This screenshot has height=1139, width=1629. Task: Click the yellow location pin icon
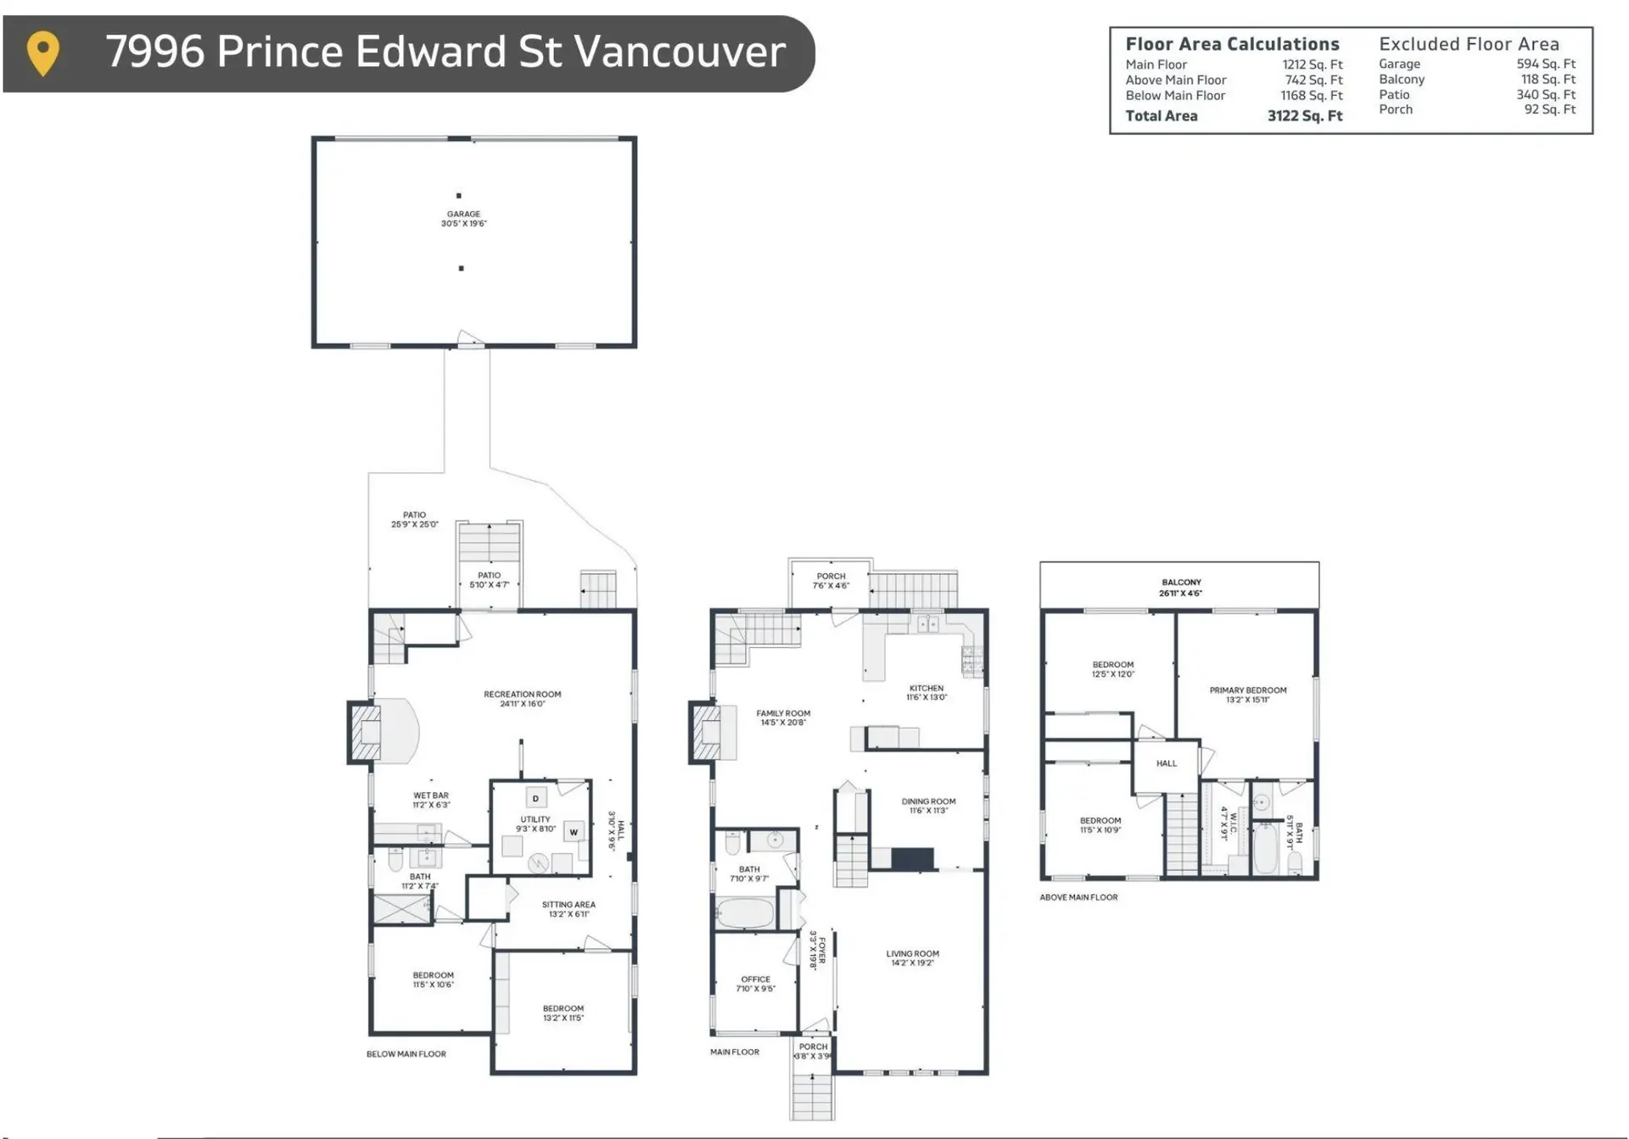tap(43, 52)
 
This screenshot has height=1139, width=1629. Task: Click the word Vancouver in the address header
tap(680, 52)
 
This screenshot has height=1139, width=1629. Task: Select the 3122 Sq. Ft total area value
tap(1304, 116)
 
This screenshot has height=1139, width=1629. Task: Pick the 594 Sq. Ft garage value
tap(1545, 64)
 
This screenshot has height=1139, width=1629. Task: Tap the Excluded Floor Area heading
tap(1468, 44)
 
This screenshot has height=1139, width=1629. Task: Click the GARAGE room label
tap(463, 215)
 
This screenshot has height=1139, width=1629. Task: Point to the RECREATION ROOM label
tap(522, 695)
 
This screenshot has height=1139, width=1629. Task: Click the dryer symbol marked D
tap(535, 799)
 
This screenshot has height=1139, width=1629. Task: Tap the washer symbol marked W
tap(574, 832)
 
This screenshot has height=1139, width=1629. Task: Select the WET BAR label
tap(431, 796)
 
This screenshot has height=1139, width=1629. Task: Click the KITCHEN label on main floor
tap(926, 689)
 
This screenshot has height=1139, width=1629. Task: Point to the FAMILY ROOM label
tap(783, 713)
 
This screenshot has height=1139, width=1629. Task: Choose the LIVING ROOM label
tap(912, 954)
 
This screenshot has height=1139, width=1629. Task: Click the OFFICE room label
tap(755, 980)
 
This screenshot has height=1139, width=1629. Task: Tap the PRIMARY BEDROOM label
tap(1247, 690)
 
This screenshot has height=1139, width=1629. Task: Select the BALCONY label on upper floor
tap(1181, 583)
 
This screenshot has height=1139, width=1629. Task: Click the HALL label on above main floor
tap(1166, 763)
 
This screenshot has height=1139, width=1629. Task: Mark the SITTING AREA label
tap(568, 905)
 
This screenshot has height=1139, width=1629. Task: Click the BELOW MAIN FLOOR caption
tap(406, 1054)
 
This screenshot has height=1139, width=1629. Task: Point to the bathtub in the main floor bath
tap(745, 914)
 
